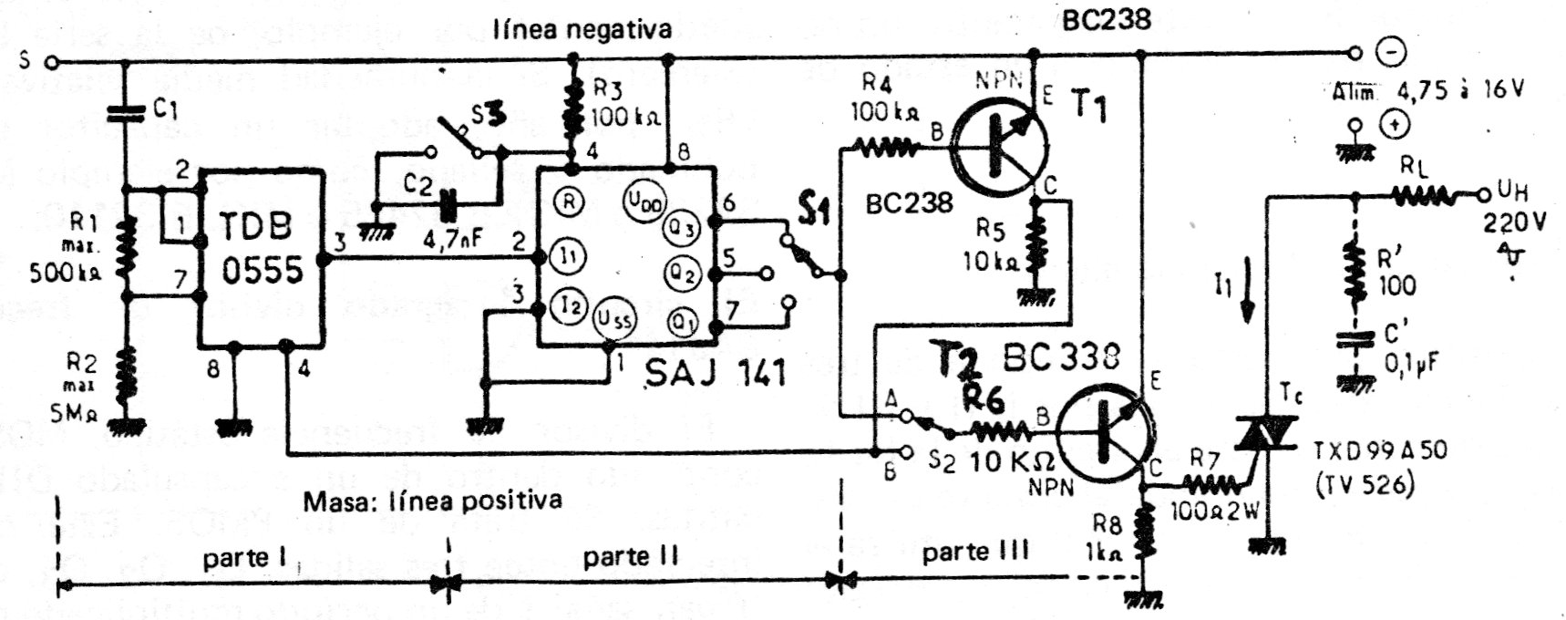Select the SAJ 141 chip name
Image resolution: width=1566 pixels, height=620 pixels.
click(715, 372)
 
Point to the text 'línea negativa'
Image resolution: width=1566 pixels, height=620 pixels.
click(582, 29)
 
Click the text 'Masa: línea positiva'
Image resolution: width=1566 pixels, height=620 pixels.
click(433, 500)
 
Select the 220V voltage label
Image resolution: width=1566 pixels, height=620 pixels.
click(1514, 222)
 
